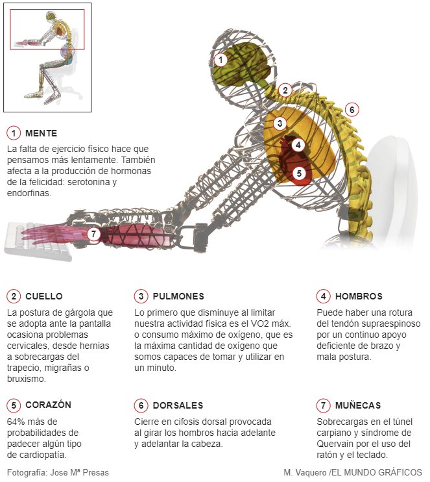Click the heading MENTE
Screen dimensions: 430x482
click(42, 133)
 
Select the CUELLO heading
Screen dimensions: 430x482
click(43, 296)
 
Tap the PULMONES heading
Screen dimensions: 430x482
click(178, 296)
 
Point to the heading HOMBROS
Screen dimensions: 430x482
click(359, 296)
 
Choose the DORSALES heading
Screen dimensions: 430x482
click(178, 405)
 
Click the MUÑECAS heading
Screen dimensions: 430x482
click(358, 405)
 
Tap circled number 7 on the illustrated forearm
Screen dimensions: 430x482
click(93, 233)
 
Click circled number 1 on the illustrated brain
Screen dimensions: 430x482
click(221, 60)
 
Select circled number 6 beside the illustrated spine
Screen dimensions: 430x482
click(352, 110)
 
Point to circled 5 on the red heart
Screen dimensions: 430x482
click(298, 173)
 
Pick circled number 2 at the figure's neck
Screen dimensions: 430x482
click(284, 90)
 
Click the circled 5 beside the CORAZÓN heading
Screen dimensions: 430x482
click(14, 405)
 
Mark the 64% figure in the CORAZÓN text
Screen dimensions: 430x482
click(16, 422)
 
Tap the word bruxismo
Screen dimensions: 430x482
click(25, 379)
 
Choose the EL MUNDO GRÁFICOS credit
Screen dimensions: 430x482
click(376, 472)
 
